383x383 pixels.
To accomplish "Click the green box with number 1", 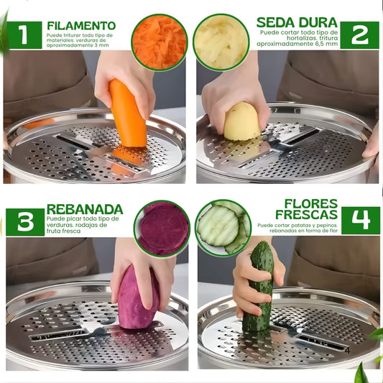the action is [x=24, y=35].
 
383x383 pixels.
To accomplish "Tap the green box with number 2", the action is [x=359, y=35].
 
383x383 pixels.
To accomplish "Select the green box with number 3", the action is [x=25, y=222].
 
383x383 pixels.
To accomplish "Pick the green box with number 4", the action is [x=361, y=221].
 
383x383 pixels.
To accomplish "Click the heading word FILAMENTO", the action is [x=81, y=26].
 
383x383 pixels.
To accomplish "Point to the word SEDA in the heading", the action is [x=276, y=23].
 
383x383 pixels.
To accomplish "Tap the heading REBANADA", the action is [x=85, y=209].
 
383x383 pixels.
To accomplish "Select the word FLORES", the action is [x=311, y=203].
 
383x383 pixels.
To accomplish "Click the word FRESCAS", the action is [x=307, y=214].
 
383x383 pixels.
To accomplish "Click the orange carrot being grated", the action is [x=128, y=115].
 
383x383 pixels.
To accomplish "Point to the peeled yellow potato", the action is [x=241, y=122].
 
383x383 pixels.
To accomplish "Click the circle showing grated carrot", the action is [x=160, y=42].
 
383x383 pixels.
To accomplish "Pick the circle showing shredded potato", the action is [x=221, y=42].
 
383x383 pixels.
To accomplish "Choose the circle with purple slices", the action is [x=162, y=229].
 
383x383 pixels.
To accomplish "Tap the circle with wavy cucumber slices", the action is [x=223, y=228].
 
